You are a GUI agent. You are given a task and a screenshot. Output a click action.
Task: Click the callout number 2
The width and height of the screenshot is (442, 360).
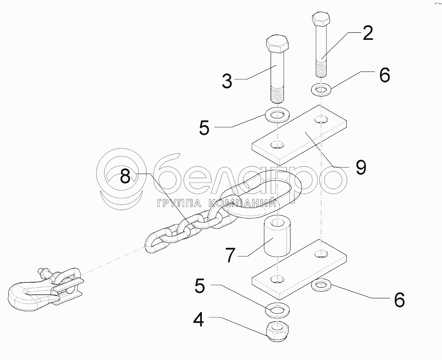click(367, 33)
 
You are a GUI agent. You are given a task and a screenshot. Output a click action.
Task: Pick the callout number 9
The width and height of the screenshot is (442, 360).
click(360, 167)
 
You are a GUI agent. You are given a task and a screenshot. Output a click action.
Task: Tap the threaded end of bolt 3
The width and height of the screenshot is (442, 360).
click(278, 95)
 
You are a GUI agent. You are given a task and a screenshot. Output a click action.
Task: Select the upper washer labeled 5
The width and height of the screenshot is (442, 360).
click(277, 115)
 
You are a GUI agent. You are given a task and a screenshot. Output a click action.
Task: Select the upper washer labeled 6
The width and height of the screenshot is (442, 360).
click(321, 90)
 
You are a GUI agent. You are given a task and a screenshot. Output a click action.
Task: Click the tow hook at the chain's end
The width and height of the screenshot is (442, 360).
click(45, 289)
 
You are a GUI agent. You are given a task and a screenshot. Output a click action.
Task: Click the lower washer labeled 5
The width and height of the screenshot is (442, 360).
click(277, 310)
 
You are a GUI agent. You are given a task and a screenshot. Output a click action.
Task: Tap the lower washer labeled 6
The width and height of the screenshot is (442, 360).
click(321, 285)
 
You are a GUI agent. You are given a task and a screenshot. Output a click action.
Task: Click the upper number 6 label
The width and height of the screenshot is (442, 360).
click(385, 75)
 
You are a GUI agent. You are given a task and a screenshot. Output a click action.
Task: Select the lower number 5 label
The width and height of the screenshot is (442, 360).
click(200, 285)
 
